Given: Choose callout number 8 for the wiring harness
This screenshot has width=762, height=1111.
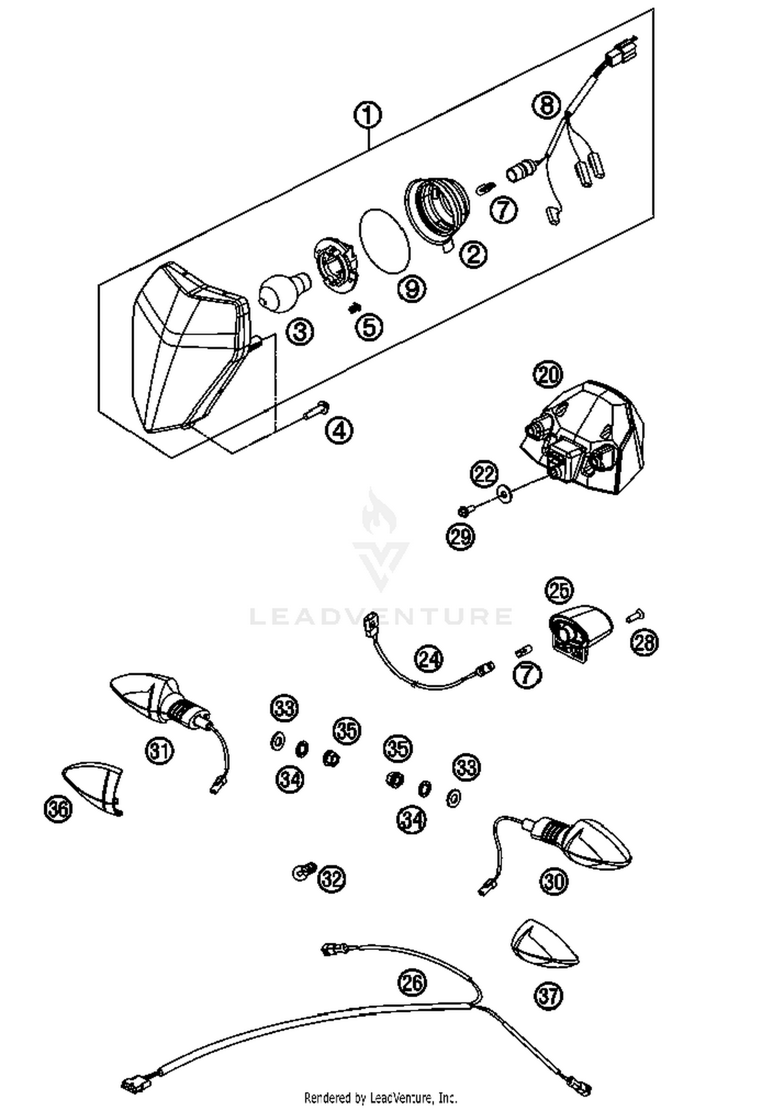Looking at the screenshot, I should point(546,106).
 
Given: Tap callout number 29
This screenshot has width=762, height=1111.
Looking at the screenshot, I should point(460,536).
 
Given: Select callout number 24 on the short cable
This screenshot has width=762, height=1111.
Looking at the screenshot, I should point(428,659).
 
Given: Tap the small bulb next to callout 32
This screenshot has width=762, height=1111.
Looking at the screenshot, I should point(303,872).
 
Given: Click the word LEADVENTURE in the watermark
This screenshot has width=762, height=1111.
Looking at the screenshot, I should point(381,616).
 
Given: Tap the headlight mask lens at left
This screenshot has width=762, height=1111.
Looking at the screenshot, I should point(183,356).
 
